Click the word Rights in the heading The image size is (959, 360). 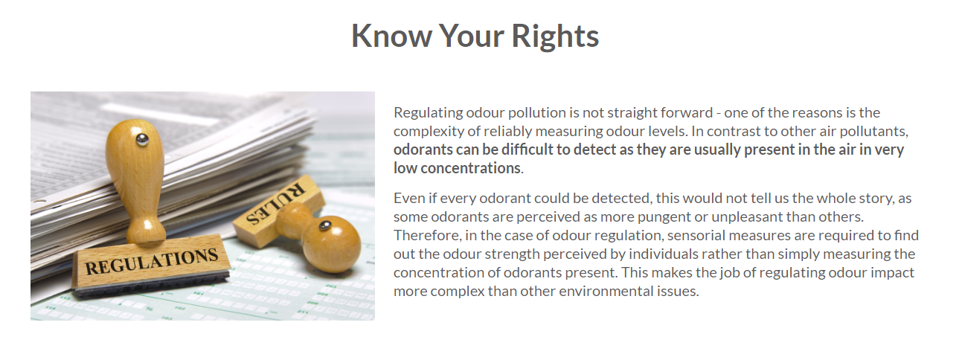click(555, 36)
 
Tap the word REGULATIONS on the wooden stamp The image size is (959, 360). click(152, 261)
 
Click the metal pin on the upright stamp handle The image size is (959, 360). click(141, 139)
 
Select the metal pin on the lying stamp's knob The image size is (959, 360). click(325, 225)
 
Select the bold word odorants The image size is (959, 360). click(423, 150)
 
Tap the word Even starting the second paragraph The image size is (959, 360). click(409, 198)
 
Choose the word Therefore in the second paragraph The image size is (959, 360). click(428, 236)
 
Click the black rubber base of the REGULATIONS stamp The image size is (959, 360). click(151, 284)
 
